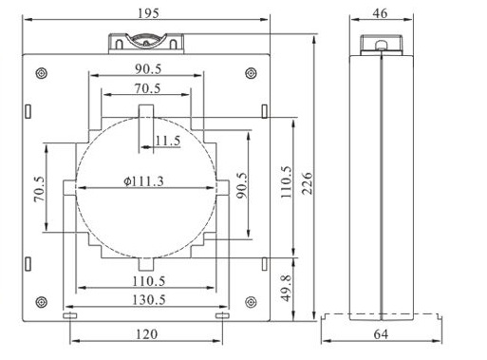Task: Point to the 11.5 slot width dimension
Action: [167, 141]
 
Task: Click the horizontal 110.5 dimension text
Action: [146, 281]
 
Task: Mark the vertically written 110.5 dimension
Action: [287, 179]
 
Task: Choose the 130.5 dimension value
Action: [146, 299]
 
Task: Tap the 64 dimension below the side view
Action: [381, 335]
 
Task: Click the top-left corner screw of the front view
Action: [42, 72]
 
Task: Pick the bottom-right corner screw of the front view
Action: [250, 302]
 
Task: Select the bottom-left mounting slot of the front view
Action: [68, 315]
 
